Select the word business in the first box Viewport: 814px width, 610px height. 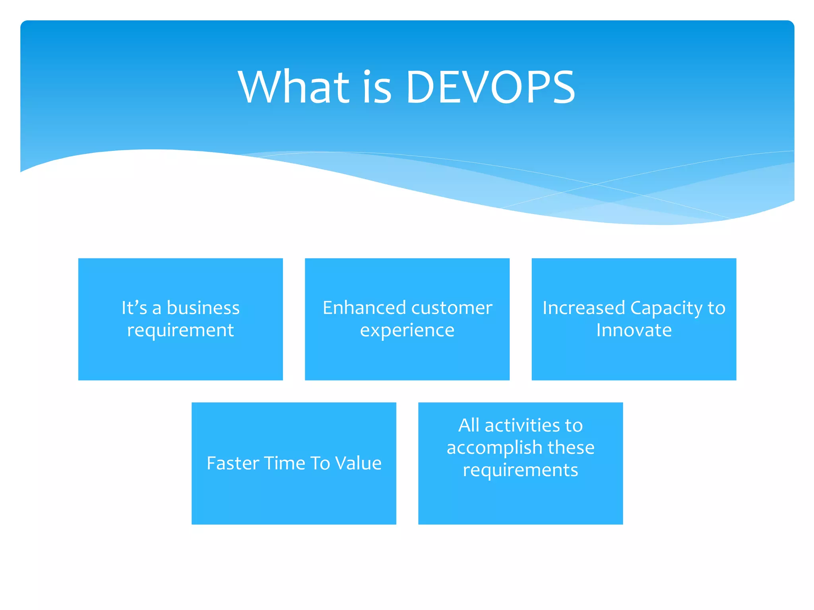[203, 308]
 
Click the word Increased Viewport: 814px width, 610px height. [583, 308]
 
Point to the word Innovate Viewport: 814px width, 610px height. [634, 330]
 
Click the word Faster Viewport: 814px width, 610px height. [233, 463]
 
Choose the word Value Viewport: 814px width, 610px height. [358, 463]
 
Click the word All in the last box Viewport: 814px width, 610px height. [469, 425]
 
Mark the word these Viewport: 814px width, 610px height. [571, 448]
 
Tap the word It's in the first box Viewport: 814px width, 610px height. [134, 308]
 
